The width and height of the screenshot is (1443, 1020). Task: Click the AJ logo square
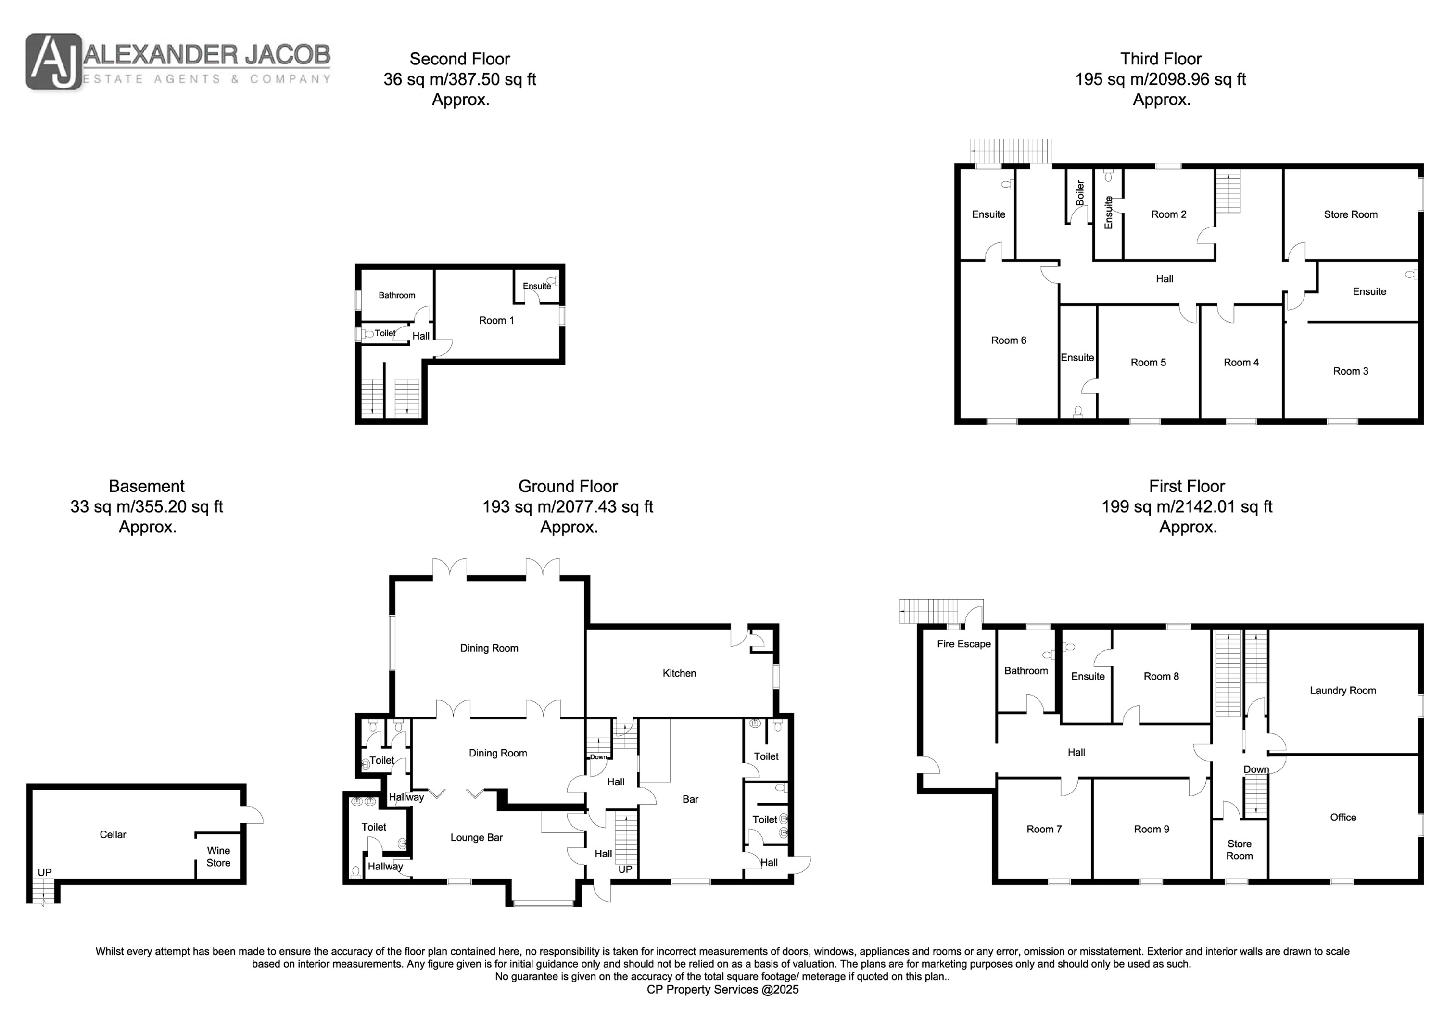54,62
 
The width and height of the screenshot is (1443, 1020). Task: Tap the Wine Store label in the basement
218,856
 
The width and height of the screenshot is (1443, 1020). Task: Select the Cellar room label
113,834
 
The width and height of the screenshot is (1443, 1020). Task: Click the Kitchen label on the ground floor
679,673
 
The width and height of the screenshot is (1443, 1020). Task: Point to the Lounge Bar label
476,837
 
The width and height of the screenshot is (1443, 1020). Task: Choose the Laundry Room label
1343,690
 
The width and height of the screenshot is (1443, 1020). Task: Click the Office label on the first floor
1343,817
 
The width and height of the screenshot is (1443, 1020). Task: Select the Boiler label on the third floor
1080,193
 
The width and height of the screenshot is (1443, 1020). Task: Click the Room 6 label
1009,340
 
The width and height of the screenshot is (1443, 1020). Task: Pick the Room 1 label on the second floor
496,320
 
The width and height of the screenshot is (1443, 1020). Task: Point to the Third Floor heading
1161,59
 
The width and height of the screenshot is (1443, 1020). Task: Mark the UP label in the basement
44,872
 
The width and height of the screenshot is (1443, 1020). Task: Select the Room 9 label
1152,829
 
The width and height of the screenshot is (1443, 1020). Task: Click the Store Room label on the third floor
1351,214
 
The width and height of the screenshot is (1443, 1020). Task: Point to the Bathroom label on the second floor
396,295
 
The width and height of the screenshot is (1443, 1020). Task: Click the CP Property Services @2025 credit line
723,989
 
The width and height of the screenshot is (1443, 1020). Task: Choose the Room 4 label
1241,362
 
